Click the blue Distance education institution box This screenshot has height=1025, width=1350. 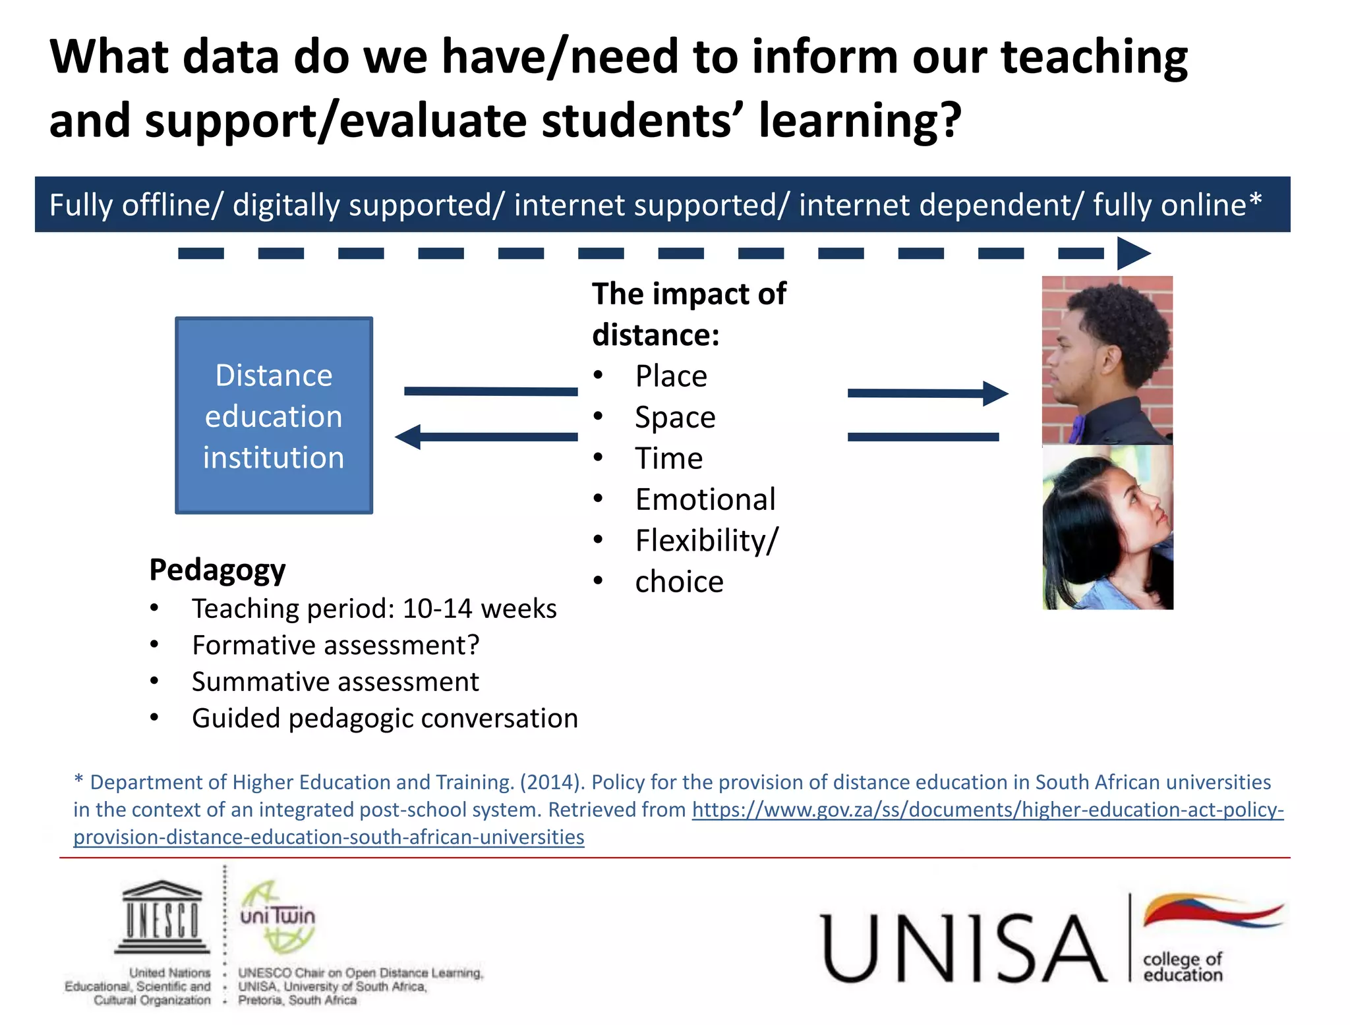[274, 415]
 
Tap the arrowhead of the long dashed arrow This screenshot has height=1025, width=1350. [1132, 253]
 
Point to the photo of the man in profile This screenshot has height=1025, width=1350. [1107, 360]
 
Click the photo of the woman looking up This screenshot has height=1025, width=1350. [1107, 527]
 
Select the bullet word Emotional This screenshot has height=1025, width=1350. [705, 499]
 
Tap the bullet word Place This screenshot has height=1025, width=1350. [670, 376]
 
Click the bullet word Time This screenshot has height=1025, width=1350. [668, 458]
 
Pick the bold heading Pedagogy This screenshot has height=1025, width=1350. [217, 570]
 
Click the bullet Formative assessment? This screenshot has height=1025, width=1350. [335, 645]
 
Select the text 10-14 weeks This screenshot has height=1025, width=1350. [479, 609]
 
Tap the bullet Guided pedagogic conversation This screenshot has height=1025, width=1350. [384, 718]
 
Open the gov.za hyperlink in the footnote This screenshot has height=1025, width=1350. [987, 810]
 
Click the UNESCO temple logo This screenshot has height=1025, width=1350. [162, 917]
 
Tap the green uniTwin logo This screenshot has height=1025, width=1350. [278, 916]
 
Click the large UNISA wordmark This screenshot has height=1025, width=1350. [963, 949]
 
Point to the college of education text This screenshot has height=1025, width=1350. [1183, 966]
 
